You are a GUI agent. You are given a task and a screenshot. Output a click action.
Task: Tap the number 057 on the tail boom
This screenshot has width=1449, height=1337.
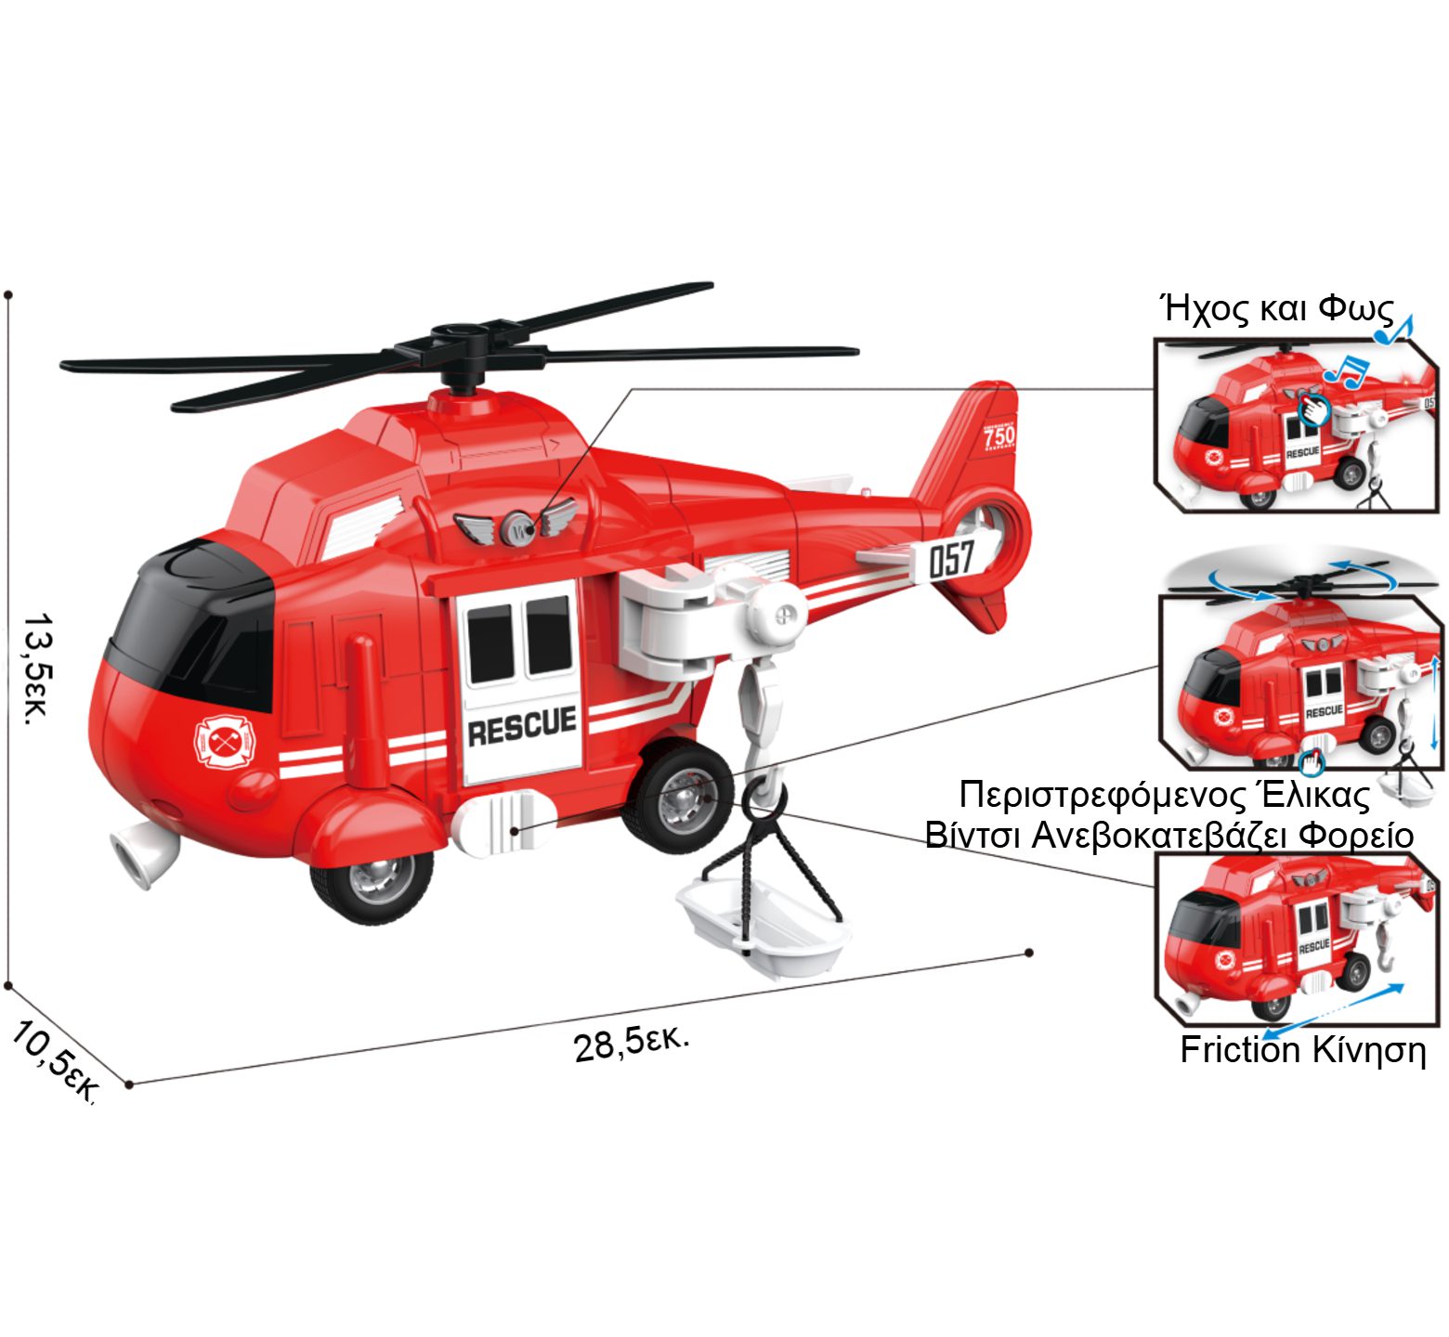click(951, 559)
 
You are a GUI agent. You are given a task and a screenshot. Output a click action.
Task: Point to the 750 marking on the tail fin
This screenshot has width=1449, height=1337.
click(999, 435)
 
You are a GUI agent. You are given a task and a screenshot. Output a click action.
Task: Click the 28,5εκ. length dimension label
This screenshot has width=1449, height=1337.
click(632, 1043)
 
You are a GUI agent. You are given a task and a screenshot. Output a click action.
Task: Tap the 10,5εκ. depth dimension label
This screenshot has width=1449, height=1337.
click(54, 1061)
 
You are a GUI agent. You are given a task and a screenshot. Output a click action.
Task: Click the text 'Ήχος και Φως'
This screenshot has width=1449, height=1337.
click(1278, 308)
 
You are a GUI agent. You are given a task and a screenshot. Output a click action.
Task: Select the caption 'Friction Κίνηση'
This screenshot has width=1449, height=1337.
click(1302, 1049)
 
